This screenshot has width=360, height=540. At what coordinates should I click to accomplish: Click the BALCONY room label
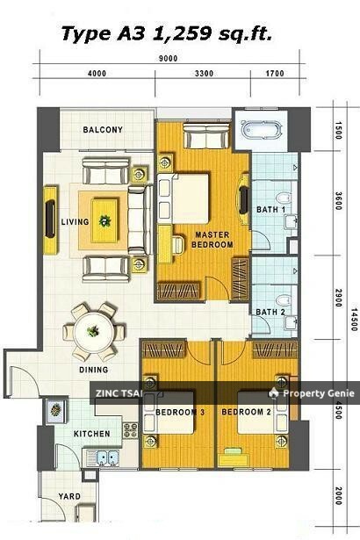click(x=103, y=130)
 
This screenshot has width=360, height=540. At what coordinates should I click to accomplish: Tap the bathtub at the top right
click(x=262, y=130)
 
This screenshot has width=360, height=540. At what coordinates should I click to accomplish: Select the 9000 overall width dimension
click(x=168, y=58)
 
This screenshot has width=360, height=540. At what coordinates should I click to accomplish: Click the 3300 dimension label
click(x=204, y=74)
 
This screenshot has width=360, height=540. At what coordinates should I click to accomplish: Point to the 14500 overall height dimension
click(x=354, y=320)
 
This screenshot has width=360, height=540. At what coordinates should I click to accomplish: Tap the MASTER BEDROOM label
click(x=212, y=240)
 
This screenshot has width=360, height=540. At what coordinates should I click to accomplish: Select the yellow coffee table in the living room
click(x=104, y=220)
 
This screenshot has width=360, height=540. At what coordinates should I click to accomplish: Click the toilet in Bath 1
click(x=284, y=198)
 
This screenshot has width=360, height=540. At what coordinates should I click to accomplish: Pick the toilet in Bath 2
click(x=284, y=300)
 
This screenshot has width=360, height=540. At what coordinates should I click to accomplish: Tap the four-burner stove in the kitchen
click(x=130, y=430)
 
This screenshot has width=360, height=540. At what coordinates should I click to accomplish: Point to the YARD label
click(x=69, y=496)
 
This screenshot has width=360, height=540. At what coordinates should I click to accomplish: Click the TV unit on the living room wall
click(x=50, y=220)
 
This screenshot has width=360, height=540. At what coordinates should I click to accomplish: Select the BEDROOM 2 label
click(x=246, y=412)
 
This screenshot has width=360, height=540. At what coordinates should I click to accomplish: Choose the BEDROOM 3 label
click(x=180, y=412)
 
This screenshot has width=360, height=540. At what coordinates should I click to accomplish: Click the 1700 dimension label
click(x=275, y=74)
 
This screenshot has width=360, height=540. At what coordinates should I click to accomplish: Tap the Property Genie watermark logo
click(x=274, y=393)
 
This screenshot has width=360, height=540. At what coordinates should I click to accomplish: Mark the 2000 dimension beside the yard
click(x=338, y=495)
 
